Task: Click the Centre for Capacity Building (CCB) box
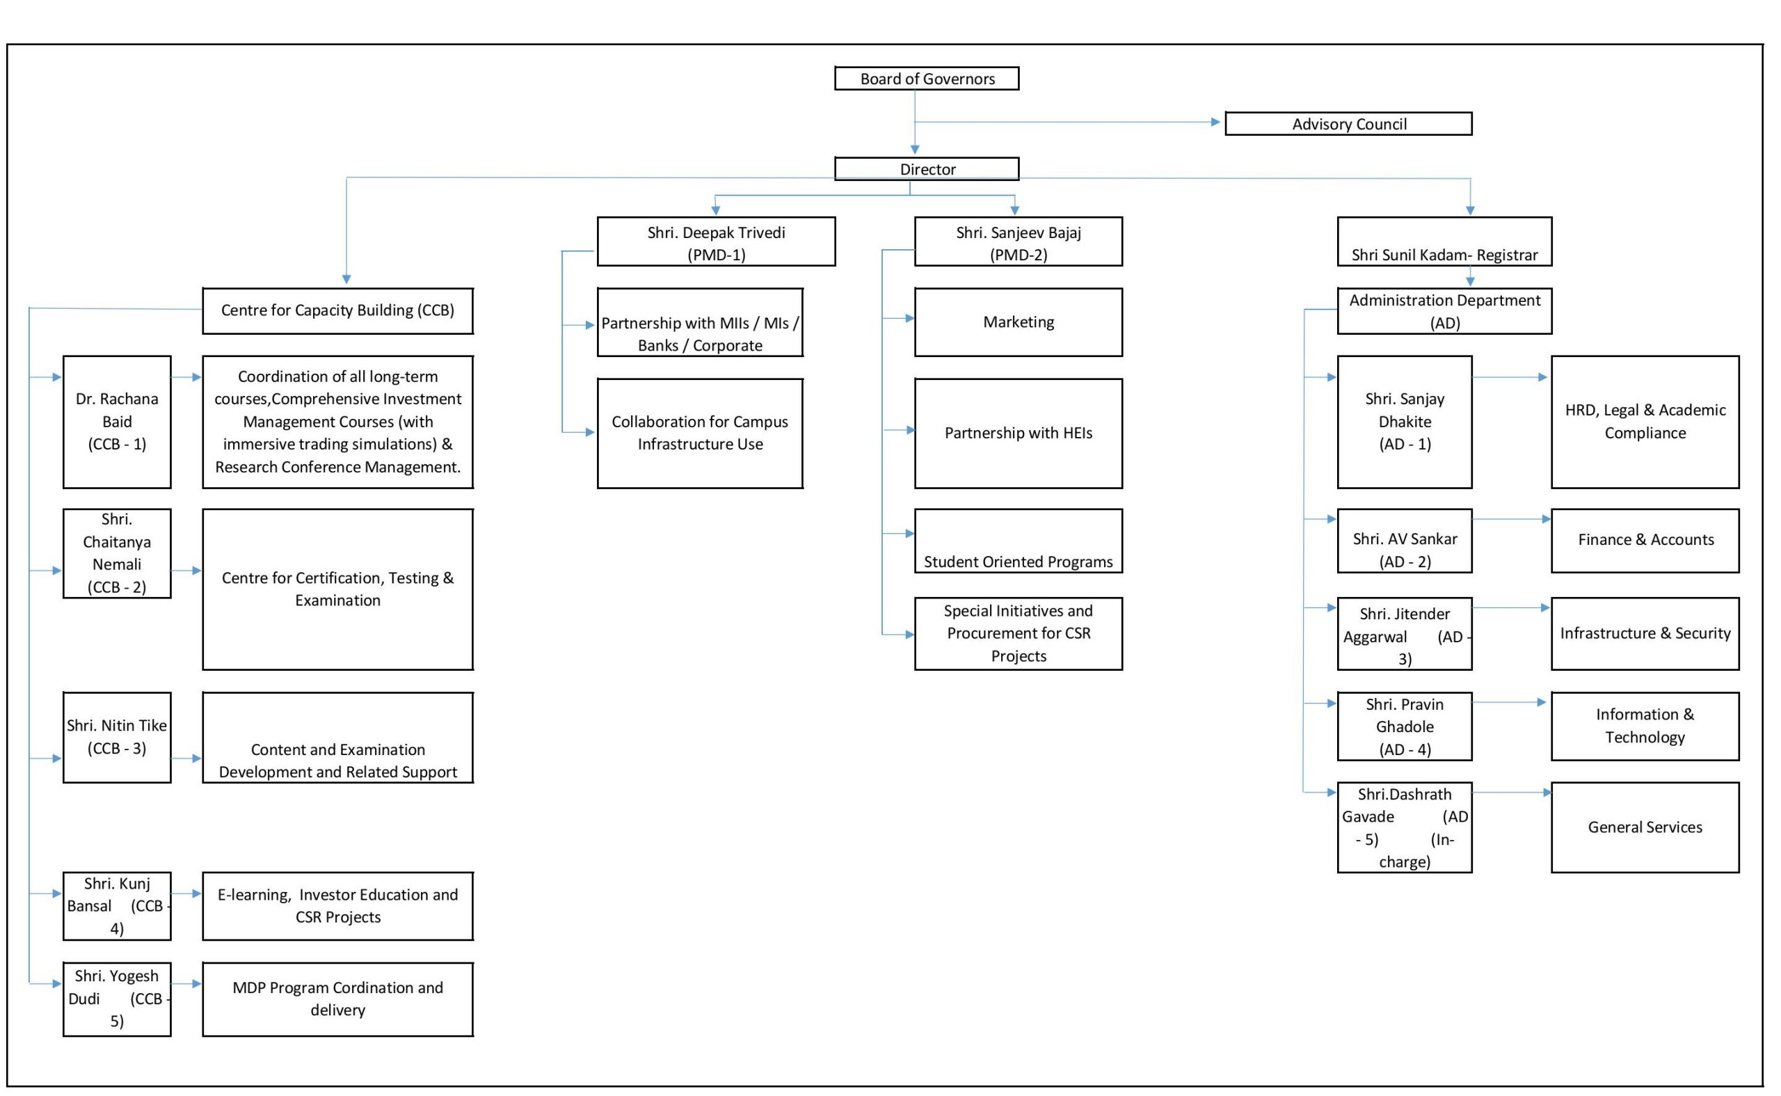(x=337, y=311)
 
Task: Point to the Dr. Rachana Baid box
(x=117, y=422)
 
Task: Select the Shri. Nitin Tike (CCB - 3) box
(x=117, y=737)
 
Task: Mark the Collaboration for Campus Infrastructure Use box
(x=700, y=434)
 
